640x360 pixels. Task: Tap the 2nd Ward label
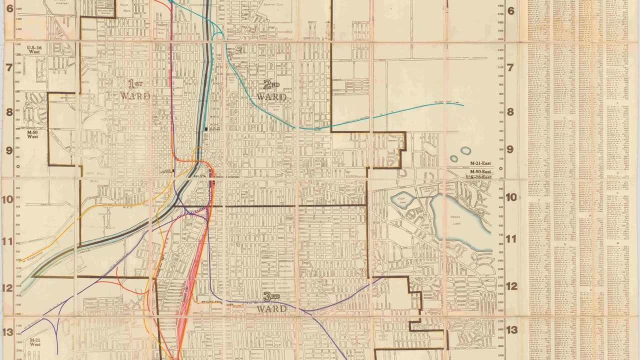[271, 90]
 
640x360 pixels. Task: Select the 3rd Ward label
[271, 302]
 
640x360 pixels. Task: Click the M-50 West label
[32, 133]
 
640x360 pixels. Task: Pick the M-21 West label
[34, 343]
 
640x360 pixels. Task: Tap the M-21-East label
[480, 164]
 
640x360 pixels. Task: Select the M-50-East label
[480, 171]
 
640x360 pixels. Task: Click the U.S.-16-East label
[479, 177]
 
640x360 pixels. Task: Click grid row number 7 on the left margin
[9, 67]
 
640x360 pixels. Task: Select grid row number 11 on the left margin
[9, 241]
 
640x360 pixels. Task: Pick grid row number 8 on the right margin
[511, 112]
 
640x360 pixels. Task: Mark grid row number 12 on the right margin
[511, 287]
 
